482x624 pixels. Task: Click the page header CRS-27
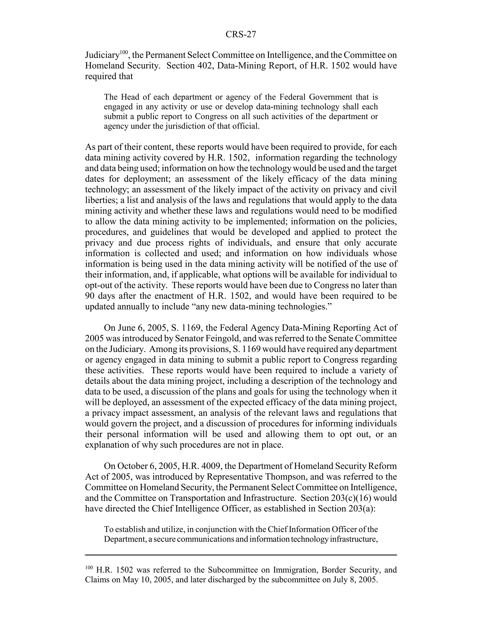pos(241,35)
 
